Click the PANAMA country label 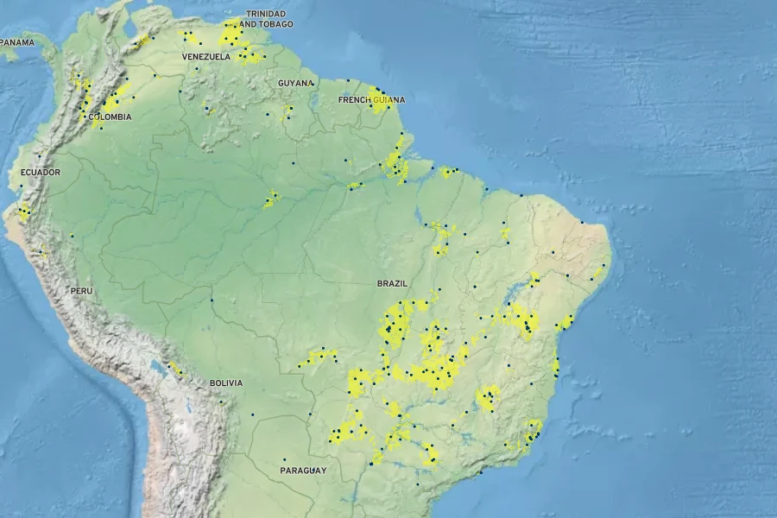click(x=17, y=42)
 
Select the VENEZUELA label click(x=205, y=57)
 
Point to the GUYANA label click(x=295, y=83)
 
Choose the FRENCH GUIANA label click(x=371, y=99)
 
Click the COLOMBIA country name click(x=111, y=117)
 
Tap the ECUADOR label click(x=41, y=173)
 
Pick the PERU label click(x=81, y=291)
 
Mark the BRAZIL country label click(x=392, y=283)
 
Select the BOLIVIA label click(x=226, y=382)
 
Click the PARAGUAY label click(x=303, y=471)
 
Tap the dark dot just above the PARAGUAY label click(x=284, y=459)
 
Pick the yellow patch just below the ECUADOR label click(x=24, y=211)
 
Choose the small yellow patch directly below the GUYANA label click(x=287, y=111)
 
